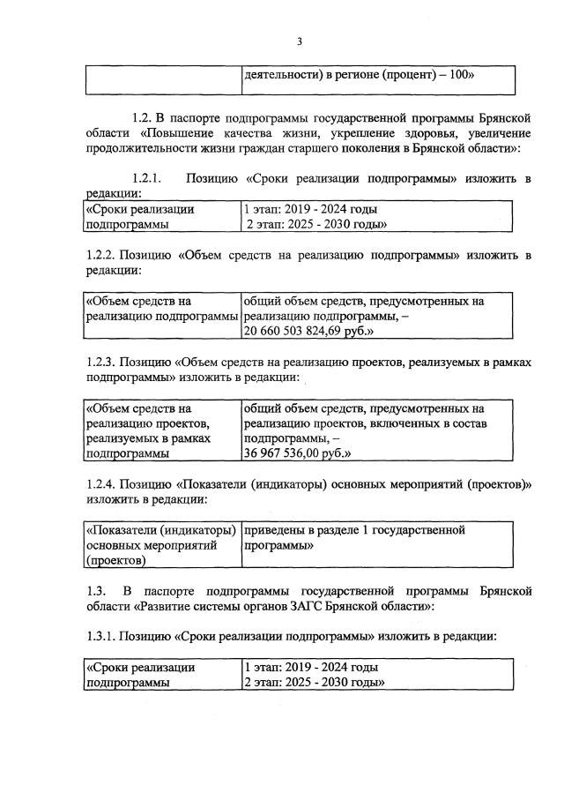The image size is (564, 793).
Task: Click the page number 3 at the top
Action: tap(299, 41)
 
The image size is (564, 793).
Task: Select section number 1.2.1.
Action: tap(152, 179)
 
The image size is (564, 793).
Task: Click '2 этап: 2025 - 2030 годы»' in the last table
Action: tap(316, 683)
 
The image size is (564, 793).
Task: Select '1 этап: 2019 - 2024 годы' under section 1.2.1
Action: tap(311, 210)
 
